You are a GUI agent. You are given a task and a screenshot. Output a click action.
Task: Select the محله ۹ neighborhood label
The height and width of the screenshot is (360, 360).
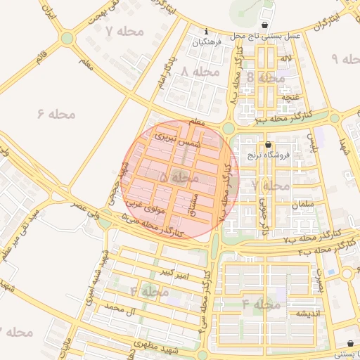pyautogui.click(x=345, y=59)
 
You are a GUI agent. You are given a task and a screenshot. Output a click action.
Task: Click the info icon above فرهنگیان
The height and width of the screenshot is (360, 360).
pyautogui.click(x=205, y=32)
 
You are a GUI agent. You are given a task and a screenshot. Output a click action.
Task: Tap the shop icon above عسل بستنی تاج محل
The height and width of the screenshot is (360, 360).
pyautogui.click(x=264, y=24)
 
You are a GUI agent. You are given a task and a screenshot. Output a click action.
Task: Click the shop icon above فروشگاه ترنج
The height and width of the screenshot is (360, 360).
pyautogui.click(x=268, y=145)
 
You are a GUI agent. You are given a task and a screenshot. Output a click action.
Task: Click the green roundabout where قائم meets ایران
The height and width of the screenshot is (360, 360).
pyautogui.click(x=67, y=38)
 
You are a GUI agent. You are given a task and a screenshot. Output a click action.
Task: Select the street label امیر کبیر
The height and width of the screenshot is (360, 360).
pyautogui.click(x=174, y=272)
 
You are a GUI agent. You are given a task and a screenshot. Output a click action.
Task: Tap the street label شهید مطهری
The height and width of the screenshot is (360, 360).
pyautogui.click(x=160, y=348)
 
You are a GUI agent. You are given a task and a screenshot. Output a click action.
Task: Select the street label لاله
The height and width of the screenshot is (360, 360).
pyautogui.click(x=284, y=65)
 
